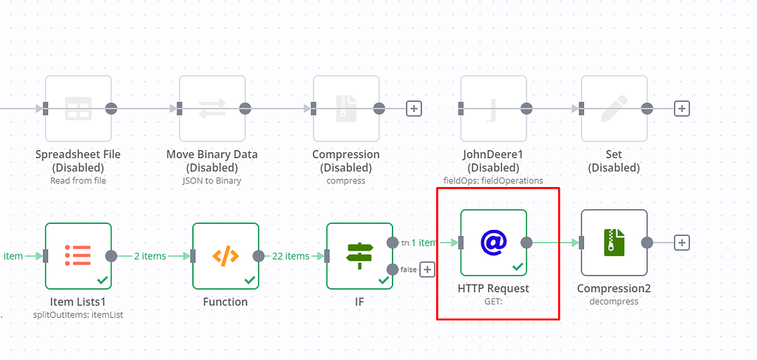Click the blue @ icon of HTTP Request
(493, 242)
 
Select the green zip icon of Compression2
(614, 242)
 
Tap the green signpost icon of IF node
(359, 256)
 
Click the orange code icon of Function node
(225, 256)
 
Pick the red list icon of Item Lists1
(78, 256)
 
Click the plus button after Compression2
(682, 242)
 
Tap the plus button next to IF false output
(427, 270)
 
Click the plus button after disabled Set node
(682, 109)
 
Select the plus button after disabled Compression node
(414, 109)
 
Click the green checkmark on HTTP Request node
(517, 266)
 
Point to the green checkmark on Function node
(250, 280)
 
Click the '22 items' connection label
(287, 256)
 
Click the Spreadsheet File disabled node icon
(78, 109)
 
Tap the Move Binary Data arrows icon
(212, 109)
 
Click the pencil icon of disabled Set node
(614, 109)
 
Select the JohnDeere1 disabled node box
(493, 109)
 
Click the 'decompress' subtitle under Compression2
(614, 302)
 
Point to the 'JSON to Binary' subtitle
(212, 180)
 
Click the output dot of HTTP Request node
(526, 242)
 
